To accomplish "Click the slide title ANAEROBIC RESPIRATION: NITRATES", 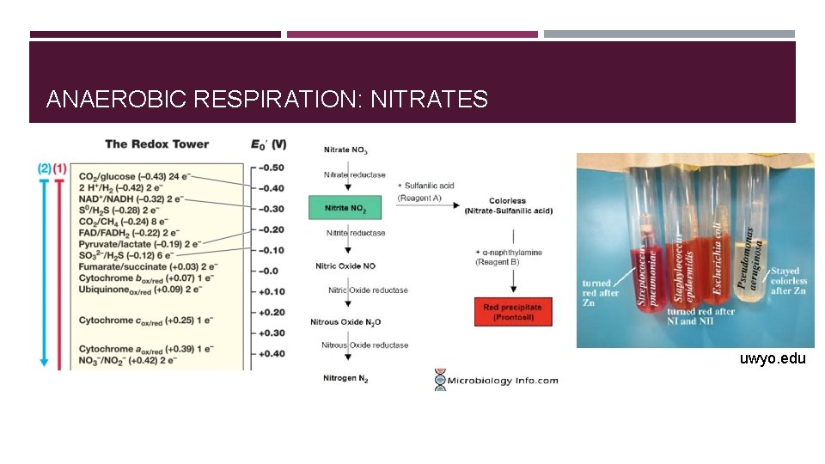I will point(266,100).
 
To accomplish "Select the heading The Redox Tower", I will point(156,143).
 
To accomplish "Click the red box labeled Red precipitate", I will point(512,312).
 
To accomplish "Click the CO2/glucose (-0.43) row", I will point(130,177).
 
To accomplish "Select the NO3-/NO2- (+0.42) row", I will point(130,362).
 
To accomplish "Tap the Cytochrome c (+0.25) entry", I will point(130,321).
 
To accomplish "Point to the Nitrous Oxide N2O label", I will point(346,322).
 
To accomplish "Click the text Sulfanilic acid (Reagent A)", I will point(426,192).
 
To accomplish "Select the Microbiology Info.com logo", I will point(497,380).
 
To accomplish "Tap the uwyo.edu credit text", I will point(772,358).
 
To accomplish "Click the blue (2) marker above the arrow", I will point(44,168).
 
